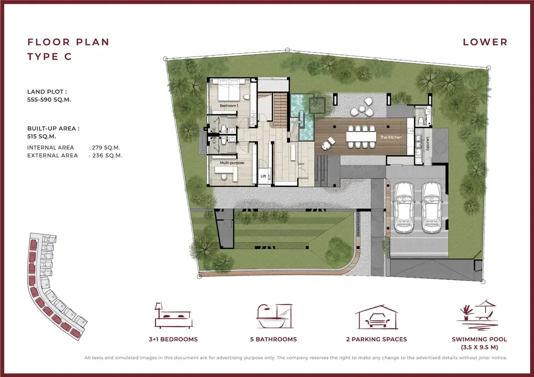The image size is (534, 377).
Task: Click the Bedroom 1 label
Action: (229, 105)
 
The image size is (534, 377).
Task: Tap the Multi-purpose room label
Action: (232, 163)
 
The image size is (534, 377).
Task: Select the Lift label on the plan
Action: (263, 176)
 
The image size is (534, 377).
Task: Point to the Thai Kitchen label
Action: (391, 137)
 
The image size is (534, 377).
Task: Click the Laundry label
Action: (428, 144)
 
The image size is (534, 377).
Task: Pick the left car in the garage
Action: (404, 207)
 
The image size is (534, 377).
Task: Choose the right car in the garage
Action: (432, 207)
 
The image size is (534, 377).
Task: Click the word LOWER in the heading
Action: (485, 42)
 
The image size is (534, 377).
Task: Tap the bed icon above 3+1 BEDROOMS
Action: (173, 316)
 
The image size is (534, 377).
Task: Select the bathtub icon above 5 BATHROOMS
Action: (275, 316)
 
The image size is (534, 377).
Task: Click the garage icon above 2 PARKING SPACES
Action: (376, 317)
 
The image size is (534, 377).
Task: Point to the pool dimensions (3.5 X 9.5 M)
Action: (479, 347)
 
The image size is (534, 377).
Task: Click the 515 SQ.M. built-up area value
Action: (41, 136)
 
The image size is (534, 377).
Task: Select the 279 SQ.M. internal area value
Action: (106, 148)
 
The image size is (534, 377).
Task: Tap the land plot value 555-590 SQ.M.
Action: (49, 100)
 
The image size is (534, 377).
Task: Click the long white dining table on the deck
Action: (361, 136)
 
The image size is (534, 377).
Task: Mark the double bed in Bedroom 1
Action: (229, 91)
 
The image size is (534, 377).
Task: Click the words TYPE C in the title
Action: (49, 56)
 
